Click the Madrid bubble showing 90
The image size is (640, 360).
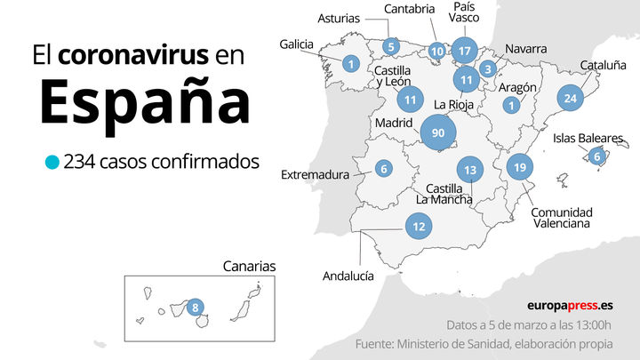(x=437, y=133)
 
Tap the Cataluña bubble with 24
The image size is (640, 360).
(x=571, y=99)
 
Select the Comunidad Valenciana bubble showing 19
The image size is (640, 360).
(x=520, y=167)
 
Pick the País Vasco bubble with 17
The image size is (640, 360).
(x=464, y=50)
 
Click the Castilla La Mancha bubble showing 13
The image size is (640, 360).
(x=471, y=170)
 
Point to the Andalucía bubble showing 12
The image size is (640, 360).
(x=418, y=227)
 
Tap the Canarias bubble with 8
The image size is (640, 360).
(x=196, y=308)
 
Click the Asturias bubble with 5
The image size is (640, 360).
(x=391, y=46)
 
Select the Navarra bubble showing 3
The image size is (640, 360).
(x=487, y=68)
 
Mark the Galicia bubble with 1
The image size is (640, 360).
(x=351, y=63)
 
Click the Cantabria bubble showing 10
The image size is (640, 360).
(x=436, y=52)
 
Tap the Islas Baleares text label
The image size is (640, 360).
(x=588, y=138)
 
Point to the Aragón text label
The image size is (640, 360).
(x=517, y=87)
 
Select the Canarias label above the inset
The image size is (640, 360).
(x=249, y=266)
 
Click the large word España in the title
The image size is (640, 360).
(x=144, y=101)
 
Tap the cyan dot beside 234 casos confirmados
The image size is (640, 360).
(x=52, y=163)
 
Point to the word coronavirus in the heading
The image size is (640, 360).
(x=134, y=55)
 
